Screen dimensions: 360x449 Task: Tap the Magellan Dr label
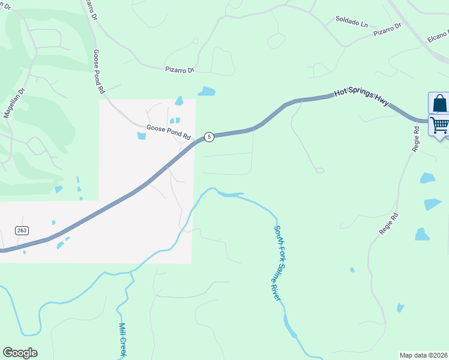click(x=14, y=103)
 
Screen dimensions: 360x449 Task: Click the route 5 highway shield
click(x=209, y=137)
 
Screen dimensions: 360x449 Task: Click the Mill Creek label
click(x=122, y=339)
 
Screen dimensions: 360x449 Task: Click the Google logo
click(x=20, y=353)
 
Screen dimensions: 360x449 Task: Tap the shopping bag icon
click(x=439, y=103)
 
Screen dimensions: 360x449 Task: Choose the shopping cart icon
click(x=439, y=125)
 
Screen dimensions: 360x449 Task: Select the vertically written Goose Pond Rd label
click(x=98, y=71)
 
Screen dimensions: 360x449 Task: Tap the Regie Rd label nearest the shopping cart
click(x=415, y=139)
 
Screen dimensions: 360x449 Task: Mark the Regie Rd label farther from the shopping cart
click(x=387, y=223)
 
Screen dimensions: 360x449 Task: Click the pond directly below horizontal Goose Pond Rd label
click(x=142, y=135)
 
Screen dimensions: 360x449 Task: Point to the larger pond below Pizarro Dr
click(x=206, y=91)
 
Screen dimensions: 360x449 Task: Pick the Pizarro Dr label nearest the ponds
click(x=180, y=70)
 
